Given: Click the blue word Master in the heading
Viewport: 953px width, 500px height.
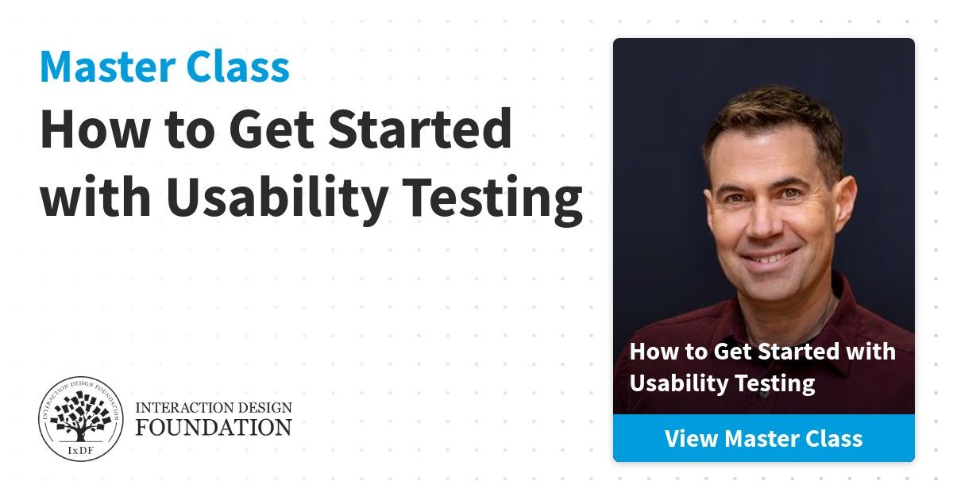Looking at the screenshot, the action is click(x=108, y=67).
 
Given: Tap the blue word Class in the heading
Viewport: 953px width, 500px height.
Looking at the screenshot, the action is click(x=237, y=66).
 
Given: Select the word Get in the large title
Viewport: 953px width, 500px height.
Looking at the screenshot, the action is click(x=272, y=129).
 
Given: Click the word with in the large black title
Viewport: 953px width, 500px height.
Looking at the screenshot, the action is click(x=96, y=196).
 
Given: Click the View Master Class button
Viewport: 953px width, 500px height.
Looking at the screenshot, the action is click(x=764, y=438).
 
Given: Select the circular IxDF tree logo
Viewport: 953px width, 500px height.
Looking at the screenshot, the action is click(x=80, y=418).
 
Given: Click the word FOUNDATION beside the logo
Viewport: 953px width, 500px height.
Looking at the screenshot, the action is click(x=214, y=427).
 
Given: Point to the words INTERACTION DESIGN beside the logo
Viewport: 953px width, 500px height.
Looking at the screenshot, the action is click(x=214, y=408).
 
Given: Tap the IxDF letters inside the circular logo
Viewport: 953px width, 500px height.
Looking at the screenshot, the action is click(x=80, y=451).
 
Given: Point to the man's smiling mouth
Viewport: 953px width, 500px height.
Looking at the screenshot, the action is click(x=770, y=258).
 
